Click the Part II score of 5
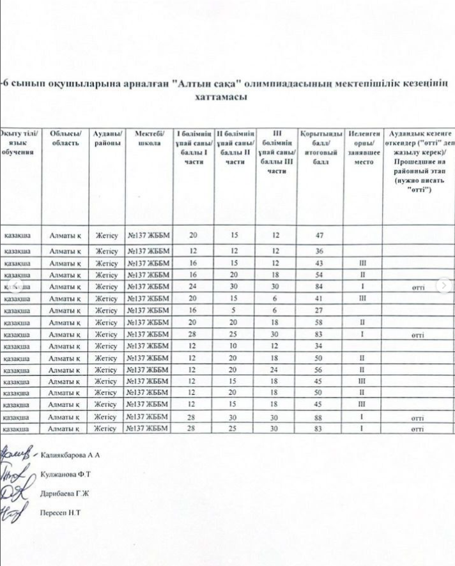tap(234, 310)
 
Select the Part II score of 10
tap(234, 347)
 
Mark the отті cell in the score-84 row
tap(419, 287)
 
